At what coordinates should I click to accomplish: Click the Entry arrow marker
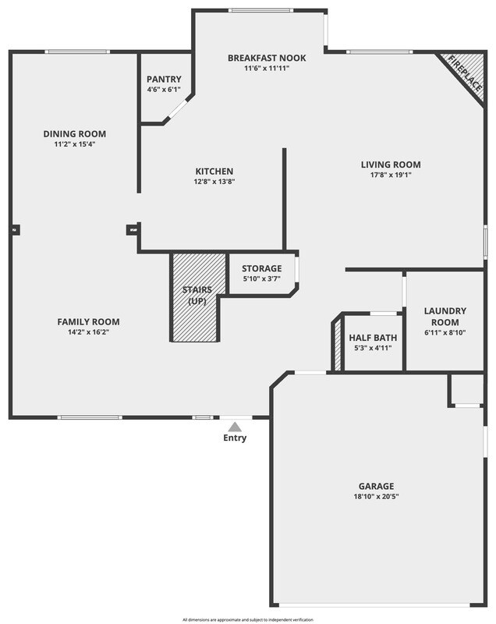235,426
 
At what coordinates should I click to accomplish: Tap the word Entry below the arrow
235,438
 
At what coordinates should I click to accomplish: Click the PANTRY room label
164,80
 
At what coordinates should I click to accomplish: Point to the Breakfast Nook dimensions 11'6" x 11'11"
267,69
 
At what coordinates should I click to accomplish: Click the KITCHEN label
214,172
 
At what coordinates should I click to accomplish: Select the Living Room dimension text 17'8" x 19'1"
391,175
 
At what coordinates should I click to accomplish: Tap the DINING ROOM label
74,134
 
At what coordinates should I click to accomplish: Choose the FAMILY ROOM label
88,322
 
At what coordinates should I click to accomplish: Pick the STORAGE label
261,269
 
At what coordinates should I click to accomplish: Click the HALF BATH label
373,338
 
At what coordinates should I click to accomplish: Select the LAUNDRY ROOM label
445,317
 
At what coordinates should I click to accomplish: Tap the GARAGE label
376,486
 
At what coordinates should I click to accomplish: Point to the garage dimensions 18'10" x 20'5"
376,497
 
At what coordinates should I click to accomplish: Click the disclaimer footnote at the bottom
248,619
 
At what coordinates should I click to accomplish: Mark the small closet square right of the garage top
466,389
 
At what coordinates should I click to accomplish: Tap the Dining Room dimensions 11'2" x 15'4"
74,144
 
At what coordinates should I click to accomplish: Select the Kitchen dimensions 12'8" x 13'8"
214,182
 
